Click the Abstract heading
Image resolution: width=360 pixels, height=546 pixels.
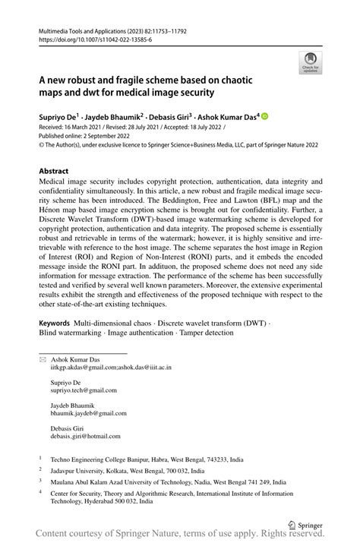coord(58,172)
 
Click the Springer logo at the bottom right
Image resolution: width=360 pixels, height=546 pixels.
coord(304,524)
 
